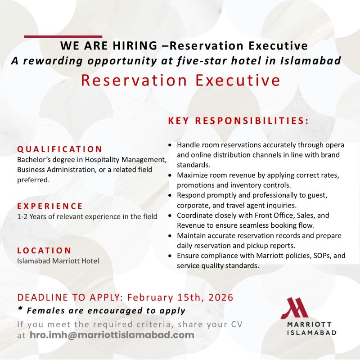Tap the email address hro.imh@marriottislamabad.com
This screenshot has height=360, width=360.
point(112,335)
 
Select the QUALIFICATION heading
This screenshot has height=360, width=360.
point(60,149)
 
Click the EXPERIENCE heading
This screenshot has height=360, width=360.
point(50,206)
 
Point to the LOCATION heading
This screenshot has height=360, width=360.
point(44,250)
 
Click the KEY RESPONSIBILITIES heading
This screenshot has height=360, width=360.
point(238,121)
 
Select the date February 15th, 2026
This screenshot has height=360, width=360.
point(180,297)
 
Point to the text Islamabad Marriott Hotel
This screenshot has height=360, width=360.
point(58,261)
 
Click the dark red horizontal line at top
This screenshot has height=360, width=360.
point(63,36)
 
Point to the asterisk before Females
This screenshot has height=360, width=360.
point(20,310)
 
